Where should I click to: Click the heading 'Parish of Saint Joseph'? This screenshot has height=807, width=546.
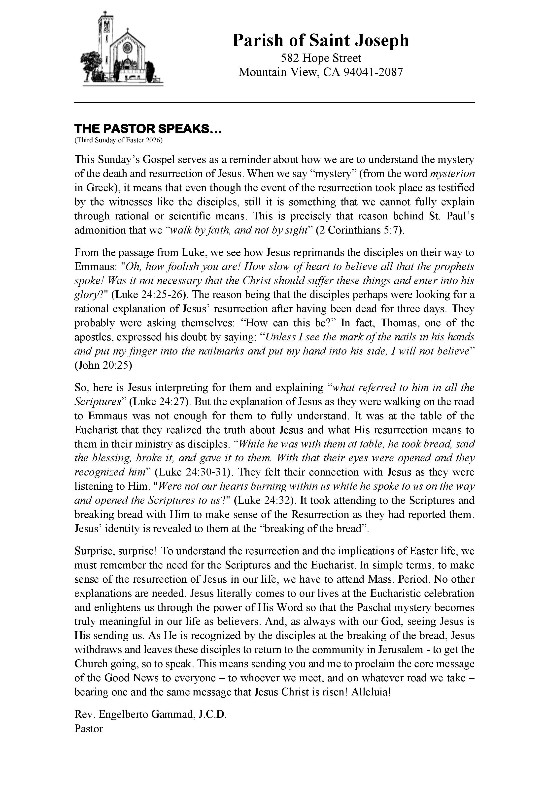point(320,40)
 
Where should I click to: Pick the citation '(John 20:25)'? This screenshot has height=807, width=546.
point(103,365)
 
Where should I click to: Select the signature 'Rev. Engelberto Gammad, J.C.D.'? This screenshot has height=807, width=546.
point(150,714)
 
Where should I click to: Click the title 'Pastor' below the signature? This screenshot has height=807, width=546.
point(89,728)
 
